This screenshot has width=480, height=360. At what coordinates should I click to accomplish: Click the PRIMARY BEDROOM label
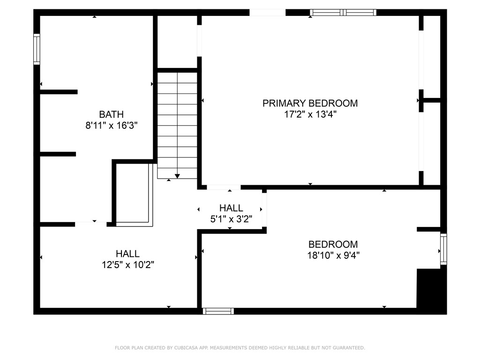(310, 103)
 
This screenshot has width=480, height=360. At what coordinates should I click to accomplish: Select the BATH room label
(112, 114)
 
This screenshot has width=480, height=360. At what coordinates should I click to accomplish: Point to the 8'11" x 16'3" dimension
(112, 125)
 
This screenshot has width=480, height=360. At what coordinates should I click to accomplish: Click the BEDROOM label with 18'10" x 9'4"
(333, 244)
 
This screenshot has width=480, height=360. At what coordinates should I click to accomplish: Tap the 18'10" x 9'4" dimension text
(333, 255)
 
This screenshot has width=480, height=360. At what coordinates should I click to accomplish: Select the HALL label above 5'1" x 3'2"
(231, 208)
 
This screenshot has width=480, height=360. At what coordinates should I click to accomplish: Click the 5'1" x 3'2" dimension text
(231, 218)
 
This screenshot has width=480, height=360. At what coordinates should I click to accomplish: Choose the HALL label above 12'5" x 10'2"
(127, 254)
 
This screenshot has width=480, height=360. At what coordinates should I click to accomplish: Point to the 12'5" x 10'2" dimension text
(127, 265)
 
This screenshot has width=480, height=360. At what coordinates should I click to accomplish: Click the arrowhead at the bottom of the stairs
(177, 176)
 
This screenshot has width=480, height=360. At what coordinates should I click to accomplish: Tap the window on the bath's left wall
(37, 49)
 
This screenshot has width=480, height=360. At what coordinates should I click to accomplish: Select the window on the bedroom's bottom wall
(218, 311)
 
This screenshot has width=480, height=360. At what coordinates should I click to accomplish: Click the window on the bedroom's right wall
(443, 250)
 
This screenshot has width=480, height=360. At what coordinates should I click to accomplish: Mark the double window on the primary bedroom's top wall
(344, 13)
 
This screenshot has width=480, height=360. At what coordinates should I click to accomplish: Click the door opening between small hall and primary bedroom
(224, 187)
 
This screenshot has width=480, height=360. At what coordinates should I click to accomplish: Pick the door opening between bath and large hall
(90, 224)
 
